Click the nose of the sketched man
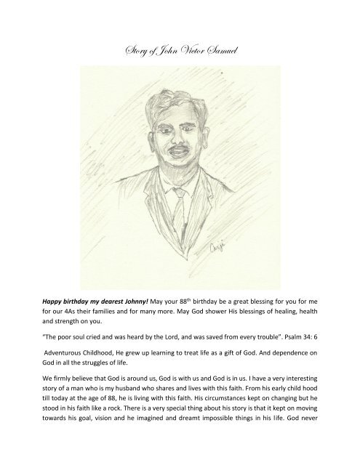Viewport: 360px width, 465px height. tap(177, 139)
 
